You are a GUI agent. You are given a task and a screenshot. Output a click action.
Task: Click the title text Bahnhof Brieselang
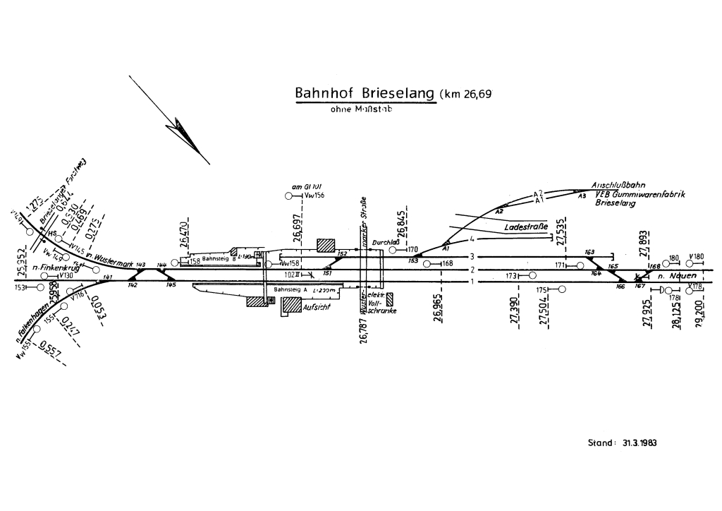click(x=365, y=94)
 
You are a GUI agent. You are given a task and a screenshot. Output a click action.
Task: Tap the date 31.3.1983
click(x=640, y=443)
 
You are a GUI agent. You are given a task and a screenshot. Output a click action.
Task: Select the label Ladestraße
click(x=526, y=228)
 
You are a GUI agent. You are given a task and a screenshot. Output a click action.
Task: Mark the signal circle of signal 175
click(x=563, y=289)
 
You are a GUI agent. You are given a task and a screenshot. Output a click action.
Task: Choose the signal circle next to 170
click(x=393, y=250)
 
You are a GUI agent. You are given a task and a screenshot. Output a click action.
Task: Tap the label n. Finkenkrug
click(x=55, y=269)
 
